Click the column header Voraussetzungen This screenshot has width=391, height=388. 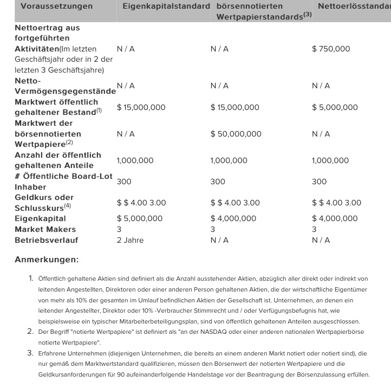pos(56,7)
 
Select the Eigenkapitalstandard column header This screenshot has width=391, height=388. pos(166,7)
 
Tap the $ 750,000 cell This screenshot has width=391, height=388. pos(331,49)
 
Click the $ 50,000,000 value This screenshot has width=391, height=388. pos(236,134)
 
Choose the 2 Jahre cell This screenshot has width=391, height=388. pos(130,240)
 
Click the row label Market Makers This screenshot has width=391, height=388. pos(45,229)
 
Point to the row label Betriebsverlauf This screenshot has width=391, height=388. pos(47,240)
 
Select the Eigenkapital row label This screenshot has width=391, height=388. pos(40,218)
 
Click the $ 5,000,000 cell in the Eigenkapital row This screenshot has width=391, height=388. pos(140,218)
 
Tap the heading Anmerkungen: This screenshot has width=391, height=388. pos(47,260)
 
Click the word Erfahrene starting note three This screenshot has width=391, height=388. pos(55,353)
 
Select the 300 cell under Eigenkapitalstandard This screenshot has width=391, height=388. pos(124,182)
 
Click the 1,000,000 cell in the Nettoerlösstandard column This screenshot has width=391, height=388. pos(330,160)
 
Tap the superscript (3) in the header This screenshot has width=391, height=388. pos(307,15)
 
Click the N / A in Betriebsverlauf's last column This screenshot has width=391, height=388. pos(321,240)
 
